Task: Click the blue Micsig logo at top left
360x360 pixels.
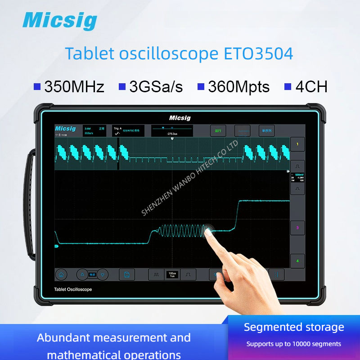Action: pos(59,20)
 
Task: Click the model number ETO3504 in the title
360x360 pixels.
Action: pos(258,54)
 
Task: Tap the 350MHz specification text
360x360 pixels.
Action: pos(74,86)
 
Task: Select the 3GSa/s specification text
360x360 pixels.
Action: pos(156,86)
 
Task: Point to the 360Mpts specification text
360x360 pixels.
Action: pos(238,86)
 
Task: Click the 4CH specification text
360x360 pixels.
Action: pos(311,86)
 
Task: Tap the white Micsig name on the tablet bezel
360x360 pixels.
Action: pos(180,118)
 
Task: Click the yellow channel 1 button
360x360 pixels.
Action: pos(297,145)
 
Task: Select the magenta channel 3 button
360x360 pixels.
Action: pos(297,228)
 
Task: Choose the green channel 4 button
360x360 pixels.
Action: pos(297,261)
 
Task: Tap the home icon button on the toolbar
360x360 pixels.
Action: pos(61,274)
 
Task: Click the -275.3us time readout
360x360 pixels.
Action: pos(172,134)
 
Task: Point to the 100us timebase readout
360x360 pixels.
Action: pos(172,273)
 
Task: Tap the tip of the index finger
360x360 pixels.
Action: pos(208,231)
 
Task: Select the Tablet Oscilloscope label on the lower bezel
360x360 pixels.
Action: pos(72,289)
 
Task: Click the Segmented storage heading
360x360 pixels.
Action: pos(294,327)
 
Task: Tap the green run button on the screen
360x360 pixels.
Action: pos(218,131)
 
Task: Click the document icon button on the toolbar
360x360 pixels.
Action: pos(127,274)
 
